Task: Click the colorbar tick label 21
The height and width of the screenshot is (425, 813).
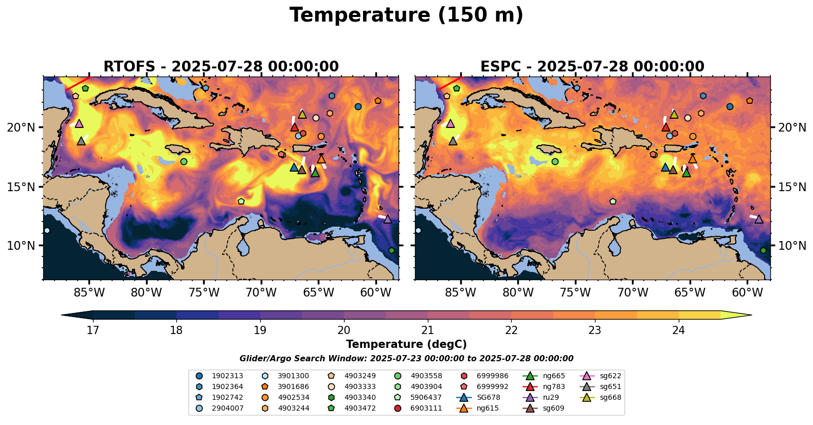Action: point(428,330)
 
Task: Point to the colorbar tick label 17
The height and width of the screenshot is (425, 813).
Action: point(93,330)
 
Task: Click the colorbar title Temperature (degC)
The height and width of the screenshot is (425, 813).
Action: point(406,344)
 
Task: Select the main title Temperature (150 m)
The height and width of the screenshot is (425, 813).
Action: point(406,15)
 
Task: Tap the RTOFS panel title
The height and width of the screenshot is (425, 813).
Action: point(221,67)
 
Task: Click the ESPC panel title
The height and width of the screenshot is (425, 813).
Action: point(592,67)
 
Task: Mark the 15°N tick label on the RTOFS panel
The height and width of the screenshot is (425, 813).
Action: point(21,187)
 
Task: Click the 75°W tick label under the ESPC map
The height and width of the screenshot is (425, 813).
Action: point(575,293)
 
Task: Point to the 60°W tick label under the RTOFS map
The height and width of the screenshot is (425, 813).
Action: point(376,293)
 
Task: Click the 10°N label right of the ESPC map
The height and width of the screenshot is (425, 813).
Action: point(792,246)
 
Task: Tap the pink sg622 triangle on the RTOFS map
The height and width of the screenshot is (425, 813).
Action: point(79,123)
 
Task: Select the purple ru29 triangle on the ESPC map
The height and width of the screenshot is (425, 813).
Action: point(758,219)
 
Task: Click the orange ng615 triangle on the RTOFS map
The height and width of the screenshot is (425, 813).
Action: point(321,159)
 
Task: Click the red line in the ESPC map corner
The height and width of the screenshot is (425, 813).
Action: point(449,83)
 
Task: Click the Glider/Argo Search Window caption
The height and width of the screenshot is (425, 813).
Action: point(406,359)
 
